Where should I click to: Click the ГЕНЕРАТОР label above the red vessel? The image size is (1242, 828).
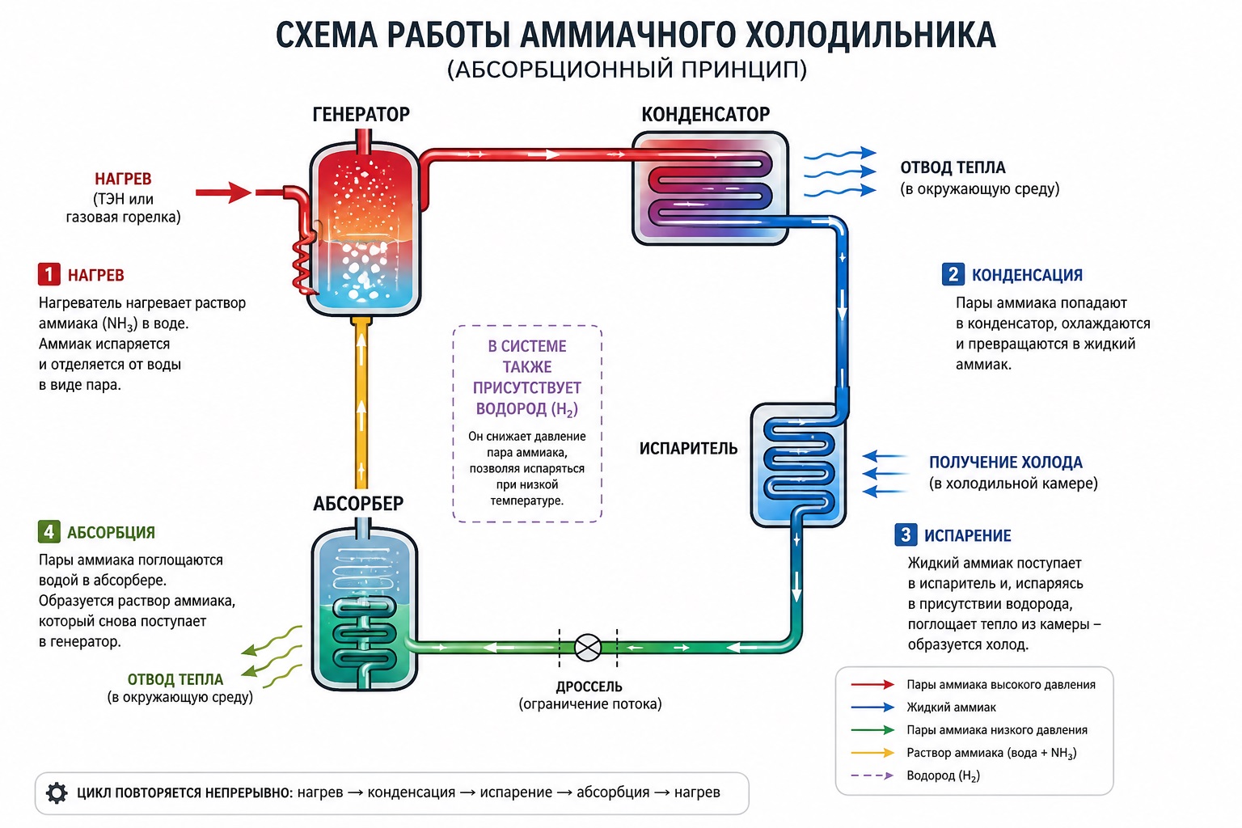click(361, 114)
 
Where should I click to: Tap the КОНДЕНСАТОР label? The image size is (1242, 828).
click(705, 114)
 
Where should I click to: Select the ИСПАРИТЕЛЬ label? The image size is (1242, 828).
click(688, 448)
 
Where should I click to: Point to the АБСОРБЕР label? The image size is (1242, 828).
click(358, 504)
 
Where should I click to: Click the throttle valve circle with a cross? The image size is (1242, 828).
click(588, 647)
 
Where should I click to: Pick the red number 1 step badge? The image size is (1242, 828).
click(49, 274)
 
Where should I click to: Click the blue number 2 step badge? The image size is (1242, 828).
click(953, 274)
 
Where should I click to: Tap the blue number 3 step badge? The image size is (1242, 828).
click(906, 534)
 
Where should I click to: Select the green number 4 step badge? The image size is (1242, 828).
click(49, 531)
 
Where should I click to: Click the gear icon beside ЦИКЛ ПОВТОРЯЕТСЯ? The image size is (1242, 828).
click(57, 793)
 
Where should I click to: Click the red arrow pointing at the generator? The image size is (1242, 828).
click(223, 192)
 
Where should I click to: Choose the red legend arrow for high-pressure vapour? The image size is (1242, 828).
click(872, 684)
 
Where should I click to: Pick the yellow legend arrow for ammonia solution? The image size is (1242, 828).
click(872, 753)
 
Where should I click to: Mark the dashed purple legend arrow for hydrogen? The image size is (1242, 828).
click(872, 775)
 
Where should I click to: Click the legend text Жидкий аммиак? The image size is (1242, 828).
click(951, 707)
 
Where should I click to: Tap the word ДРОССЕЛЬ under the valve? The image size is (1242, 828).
click(589, 686)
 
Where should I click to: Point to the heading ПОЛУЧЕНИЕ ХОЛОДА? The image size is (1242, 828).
click(1005, 462)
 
